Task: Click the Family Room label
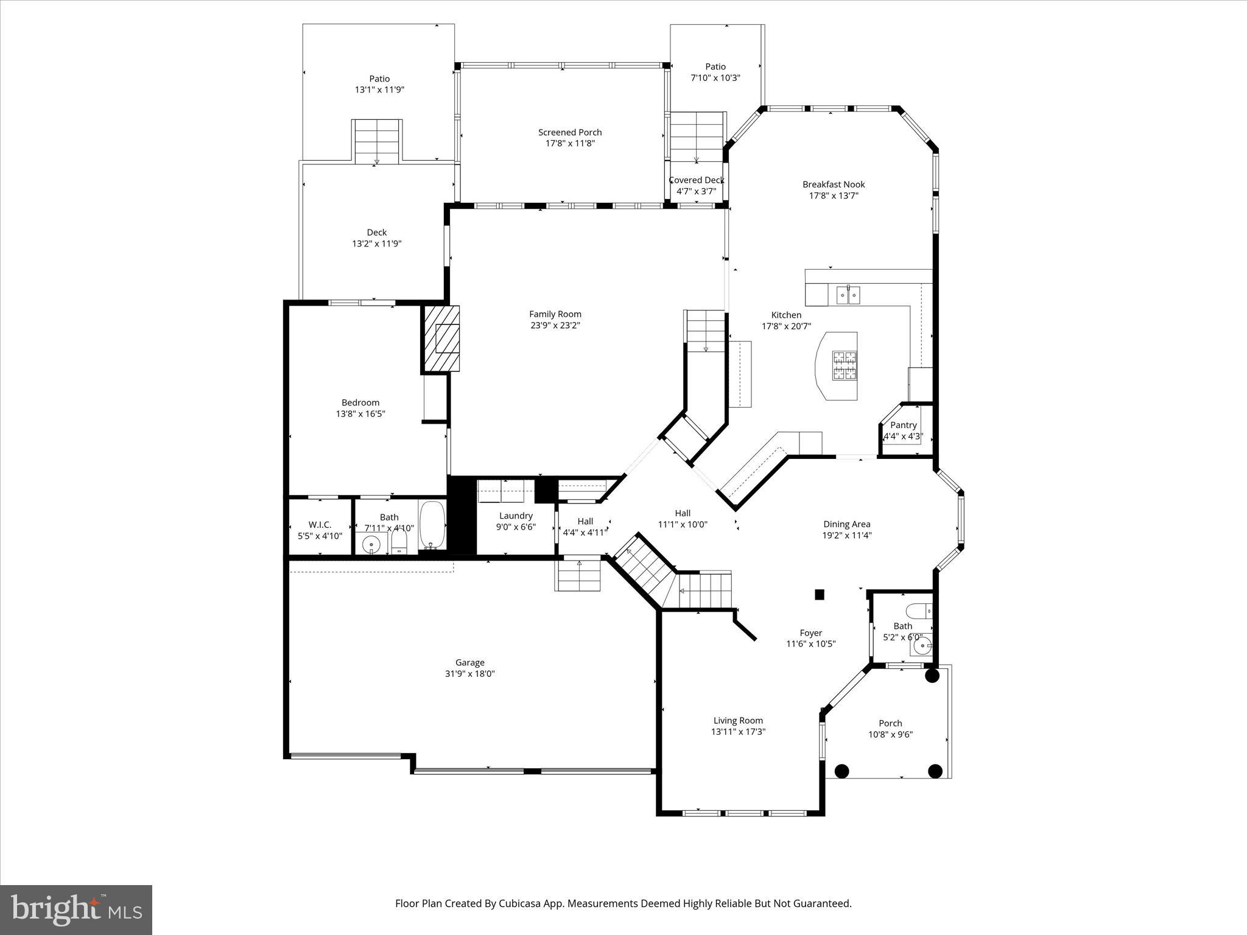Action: (x=555, y=314)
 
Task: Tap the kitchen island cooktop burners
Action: (x=844, y=365)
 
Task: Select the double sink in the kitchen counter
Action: (x=848, y=295)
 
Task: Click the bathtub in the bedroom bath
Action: (x=432, y=525)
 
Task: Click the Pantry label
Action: (x=903, y=425)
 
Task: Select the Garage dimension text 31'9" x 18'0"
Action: (x=469, y=674)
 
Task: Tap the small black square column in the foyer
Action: (x=820, y=595)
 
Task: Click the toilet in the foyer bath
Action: (x=918, y=609)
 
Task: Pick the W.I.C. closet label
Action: (x=320, y=525)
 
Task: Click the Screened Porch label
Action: (x=570, y=132)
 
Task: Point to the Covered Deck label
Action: (x=696, y=180)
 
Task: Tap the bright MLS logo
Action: (x=76, y=909)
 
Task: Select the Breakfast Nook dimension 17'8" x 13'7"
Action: (x=834, y=195)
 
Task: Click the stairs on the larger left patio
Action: (x=377, y=141)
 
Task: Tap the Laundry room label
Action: (x=516, y=516)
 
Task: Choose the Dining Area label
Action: (x=846, y=524)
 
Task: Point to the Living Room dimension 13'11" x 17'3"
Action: (x=738, y=732)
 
